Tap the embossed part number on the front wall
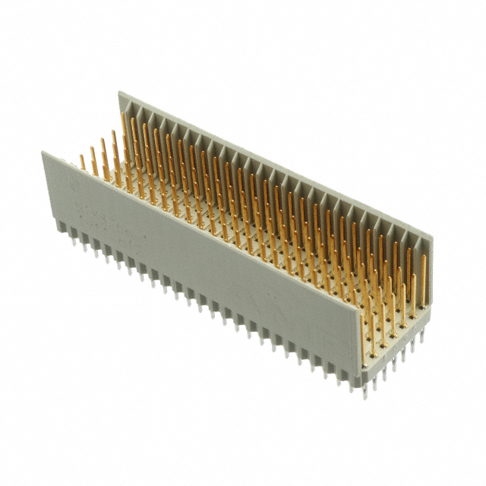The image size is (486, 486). [x=106, y=208]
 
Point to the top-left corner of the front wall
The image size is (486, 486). [x=43, y=152]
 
